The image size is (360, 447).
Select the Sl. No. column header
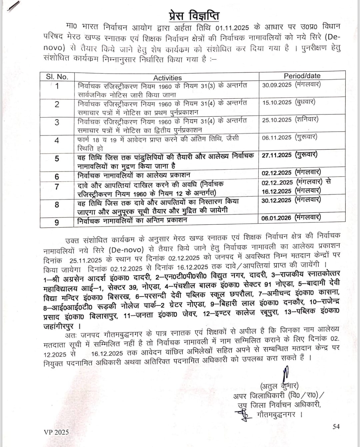coord(57,77)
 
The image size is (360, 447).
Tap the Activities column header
coord(167,78)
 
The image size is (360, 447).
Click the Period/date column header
coord(302,76)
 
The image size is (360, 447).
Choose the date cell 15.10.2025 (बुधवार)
coord(289,102)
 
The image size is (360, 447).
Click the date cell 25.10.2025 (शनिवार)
coord(290,120)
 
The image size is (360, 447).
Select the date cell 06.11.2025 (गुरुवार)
coord(289,137)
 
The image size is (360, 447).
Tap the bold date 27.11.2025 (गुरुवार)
coord(289,155)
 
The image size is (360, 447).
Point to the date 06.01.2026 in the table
coord(276,218)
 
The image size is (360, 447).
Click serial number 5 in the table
coord(57,159)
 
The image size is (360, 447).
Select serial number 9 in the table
coord(57,222)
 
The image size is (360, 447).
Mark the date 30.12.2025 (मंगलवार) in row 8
coord(291,200)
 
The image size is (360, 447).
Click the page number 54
coord(336,426)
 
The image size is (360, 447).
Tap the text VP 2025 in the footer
coord(56,432)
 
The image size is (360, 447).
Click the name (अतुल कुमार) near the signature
coord(279,386)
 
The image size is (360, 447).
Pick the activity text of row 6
coord(134,175)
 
